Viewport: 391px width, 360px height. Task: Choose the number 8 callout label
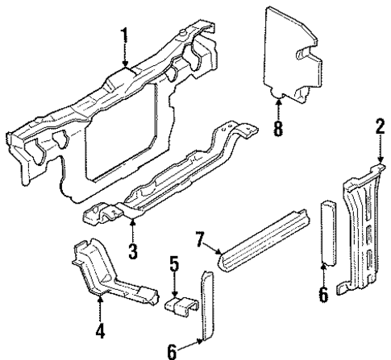click(278, 129)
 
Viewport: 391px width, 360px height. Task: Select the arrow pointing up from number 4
click(100, 306)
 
